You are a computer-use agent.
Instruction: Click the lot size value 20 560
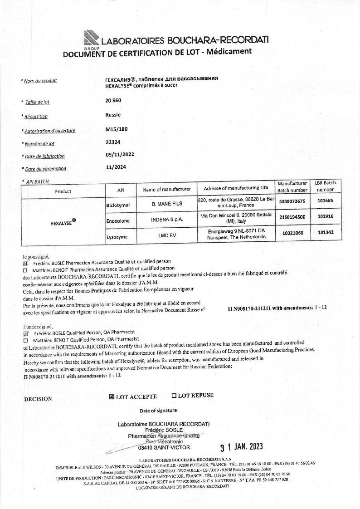tap(113, 100)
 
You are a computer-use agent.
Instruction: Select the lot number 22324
tap(112, 142)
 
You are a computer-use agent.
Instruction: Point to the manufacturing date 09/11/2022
tap(119, 154)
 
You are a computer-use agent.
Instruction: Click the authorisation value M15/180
tap(117, 129)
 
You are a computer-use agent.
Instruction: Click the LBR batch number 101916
tap(326, 216)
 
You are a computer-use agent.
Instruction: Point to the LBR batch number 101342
tap(326, 232)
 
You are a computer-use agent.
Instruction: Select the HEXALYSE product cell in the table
tap(63, 222)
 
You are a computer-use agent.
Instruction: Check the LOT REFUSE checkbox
tap(174, 396)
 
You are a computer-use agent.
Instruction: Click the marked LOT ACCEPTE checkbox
tap(112, 397)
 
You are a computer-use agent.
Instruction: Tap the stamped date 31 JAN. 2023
tap(241, 447)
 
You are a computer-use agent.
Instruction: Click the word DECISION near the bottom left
tap(38, 399)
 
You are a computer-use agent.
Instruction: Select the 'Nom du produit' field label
tap(40, 81)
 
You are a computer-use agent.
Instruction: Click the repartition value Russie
tap(113, 115)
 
